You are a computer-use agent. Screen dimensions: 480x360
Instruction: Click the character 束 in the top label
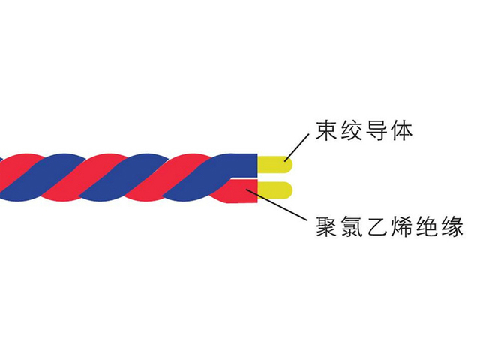pyautogui.click(x=326, y=131)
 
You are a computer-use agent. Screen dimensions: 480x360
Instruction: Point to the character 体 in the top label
pyautogui.click(x=402, y=131)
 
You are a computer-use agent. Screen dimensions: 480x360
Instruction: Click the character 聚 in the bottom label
pyautogui.click(x=326, y=226)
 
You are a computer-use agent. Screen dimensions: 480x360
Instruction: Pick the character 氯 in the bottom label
pyautogui.click(x=352, y=226)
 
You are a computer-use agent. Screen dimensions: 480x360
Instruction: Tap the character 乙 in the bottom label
pyautogui.click(x=376, y=226)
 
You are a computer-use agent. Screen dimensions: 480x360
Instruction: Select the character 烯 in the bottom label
pyautogui.click(x=402, y=226)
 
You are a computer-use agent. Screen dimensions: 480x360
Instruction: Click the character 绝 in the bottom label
pyautogui.click(x=427, y=226)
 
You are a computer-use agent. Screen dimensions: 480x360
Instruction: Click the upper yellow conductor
pyautogui.click(x=275, y=164)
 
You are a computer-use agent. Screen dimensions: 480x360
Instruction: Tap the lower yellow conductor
pyautogui.click(x=275, y=190)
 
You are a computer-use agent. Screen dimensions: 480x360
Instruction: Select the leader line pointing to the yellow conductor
pyautogui.click(x=296, y=148)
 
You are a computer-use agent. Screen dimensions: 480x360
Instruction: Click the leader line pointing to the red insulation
pyautogui.click(x=276, y=205)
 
